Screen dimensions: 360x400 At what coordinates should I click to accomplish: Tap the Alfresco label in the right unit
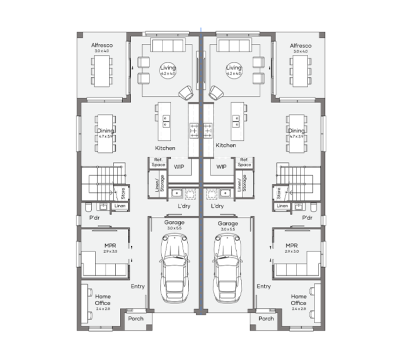point(299,47)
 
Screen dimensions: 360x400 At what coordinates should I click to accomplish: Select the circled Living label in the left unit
point(167,70)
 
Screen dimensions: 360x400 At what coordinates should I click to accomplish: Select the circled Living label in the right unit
point(234,70)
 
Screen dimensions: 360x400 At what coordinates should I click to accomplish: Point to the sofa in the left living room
point(167,48)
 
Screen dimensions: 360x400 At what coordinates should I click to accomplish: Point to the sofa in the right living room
point(234,48)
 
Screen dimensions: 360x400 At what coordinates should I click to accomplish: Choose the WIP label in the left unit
point(178,167)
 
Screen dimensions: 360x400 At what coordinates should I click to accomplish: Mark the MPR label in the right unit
point(291,245)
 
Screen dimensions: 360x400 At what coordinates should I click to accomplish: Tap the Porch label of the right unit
point(266,319)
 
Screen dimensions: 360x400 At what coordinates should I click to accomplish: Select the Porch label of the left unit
point(135,319)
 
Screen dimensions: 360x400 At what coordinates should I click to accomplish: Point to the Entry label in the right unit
point(263,286)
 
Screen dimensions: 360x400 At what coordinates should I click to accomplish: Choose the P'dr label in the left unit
point(95,216)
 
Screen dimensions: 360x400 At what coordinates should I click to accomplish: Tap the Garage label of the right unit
point(227,223)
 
